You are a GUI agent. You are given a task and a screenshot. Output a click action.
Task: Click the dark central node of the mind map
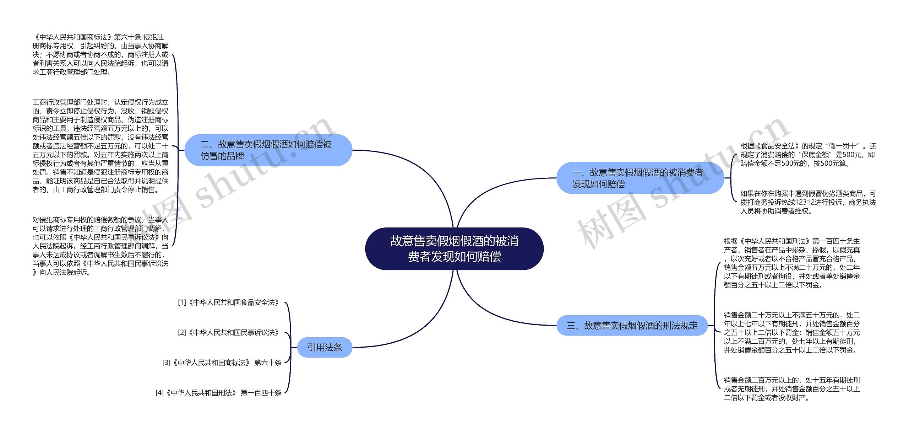tap(454, 249)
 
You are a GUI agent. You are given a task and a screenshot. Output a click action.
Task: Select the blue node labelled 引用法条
tap(325, 347)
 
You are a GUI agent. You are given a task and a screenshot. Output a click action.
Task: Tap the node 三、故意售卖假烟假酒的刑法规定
tap(632, 325)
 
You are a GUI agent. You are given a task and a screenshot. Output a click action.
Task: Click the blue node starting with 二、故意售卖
tap(268, 150)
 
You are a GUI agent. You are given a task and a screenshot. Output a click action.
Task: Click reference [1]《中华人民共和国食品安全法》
tap(229, 302)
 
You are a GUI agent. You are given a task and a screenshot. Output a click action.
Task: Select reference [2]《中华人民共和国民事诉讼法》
tap(229, 333)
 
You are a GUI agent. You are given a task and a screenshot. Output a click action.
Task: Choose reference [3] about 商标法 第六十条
tap(222, 363)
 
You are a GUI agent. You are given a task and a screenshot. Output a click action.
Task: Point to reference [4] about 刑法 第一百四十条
tap(218, 393)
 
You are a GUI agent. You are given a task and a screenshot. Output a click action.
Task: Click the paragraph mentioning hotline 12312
tap(808, 202)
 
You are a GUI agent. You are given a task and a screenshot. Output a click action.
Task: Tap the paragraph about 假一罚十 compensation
tap(808, 155)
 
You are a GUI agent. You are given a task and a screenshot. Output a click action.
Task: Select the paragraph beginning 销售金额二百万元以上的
tap(792, 389)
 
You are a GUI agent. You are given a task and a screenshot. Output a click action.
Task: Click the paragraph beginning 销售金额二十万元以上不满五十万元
tap(792, 332)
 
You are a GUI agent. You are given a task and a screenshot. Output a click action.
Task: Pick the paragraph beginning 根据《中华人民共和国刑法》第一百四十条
tap(792, 263)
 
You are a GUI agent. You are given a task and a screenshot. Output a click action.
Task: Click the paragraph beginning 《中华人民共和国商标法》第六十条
tap(100, 55)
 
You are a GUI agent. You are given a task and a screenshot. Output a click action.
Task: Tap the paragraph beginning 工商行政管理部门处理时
tap(100, 146)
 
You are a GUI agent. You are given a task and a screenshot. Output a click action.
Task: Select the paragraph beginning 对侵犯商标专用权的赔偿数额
tap(100, 246)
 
